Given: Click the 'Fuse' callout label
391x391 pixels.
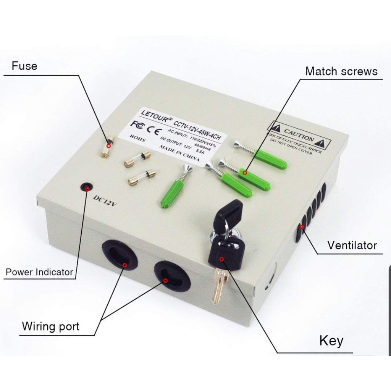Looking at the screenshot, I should click(24, 66).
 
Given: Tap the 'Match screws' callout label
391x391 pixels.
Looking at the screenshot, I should click(341, 71).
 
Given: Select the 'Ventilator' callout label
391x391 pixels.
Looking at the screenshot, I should click(352, 245).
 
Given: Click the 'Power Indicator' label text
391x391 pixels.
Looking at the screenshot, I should click(39, 272).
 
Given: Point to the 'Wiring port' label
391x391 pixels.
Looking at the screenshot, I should click(50, 326).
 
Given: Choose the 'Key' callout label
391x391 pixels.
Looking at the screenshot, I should click(331, 341).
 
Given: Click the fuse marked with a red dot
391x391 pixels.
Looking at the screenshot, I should click(108, 145).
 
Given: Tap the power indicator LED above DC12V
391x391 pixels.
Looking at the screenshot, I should click(87, 187).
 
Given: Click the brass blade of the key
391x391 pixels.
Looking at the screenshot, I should click(218, 285).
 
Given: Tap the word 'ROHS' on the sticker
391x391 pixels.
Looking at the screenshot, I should click(136, 138).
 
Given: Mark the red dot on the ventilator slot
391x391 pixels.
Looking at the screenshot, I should click(302, 227).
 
